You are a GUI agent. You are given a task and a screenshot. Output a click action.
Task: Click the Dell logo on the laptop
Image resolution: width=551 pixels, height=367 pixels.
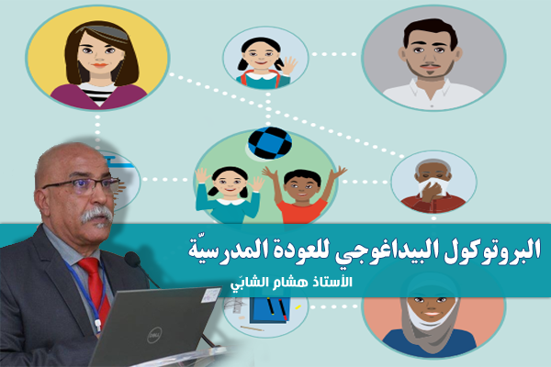click(154, 335)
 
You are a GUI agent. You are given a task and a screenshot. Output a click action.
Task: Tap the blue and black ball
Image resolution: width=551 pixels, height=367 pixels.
click(270, 143)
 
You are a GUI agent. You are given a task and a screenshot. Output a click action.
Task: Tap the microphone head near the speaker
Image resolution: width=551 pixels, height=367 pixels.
click(132, 259)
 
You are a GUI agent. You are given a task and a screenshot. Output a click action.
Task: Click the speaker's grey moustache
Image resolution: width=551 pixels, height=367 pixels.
click(96, 214)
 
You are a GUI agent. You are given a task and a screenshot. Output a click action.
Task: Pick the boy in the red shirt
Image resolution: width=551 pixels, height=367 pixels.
click(302, 195)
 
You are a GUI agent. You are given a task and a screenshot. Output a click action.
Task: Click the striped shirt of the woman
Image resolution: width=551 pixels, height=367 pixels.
click(97, 93)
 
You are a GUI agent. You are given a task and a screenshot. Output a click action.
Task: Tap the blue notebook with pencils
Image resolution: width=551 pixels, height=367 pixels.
click(270, 310)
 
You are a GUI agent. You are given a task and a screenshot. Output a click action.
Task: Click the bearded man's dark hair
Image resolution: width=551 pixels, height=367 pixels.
click(430, 32)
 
